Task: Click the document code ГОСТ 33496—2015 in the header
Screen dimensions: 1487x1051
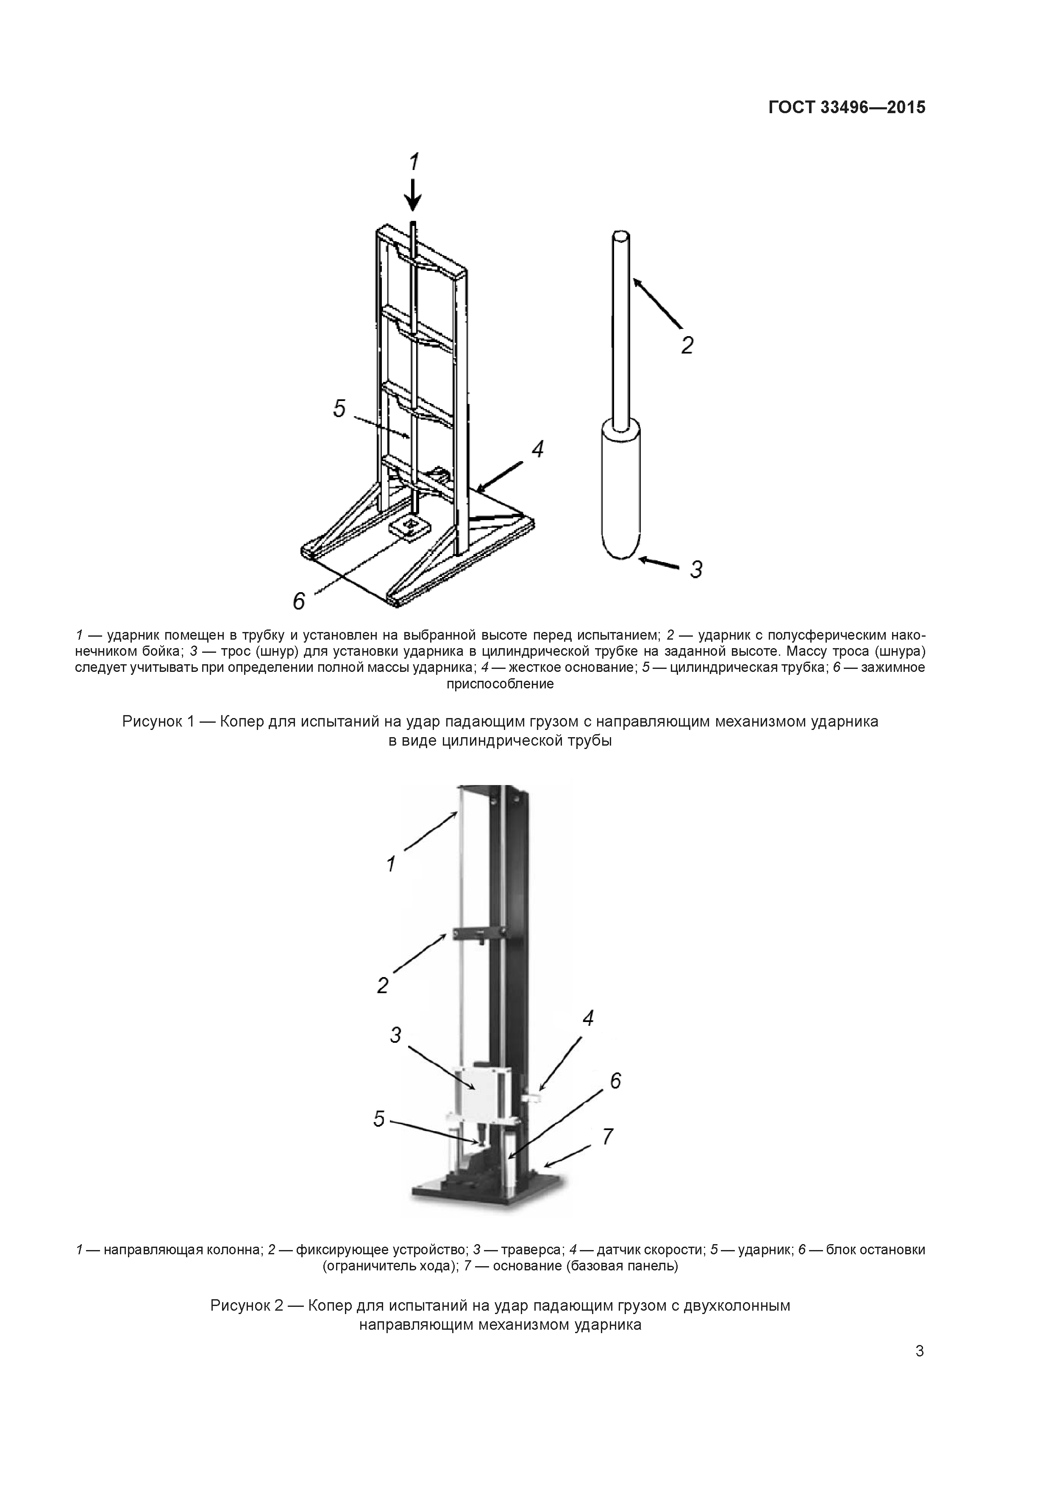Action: [x=846, y=108]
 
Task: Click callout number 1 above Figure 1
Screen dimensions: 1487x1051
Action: [x=414, y=161]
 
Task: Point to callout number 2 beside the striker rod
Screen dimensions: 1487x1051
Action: [x=687, y=345]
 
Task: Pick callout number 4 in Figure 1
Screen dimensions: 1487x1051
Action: [x=537, y=449]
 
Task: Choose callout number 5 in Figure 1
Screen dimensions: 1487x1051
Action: [x=339, y=409]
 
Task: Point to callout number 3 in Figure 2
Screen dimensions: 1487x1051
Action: [x=396, y=1035]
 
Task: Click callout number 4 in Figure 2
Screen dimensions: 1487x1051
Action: [x=588, y=1019]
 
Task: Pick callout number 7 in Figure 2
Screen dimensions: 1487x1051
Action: [x=607, y=1136]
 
